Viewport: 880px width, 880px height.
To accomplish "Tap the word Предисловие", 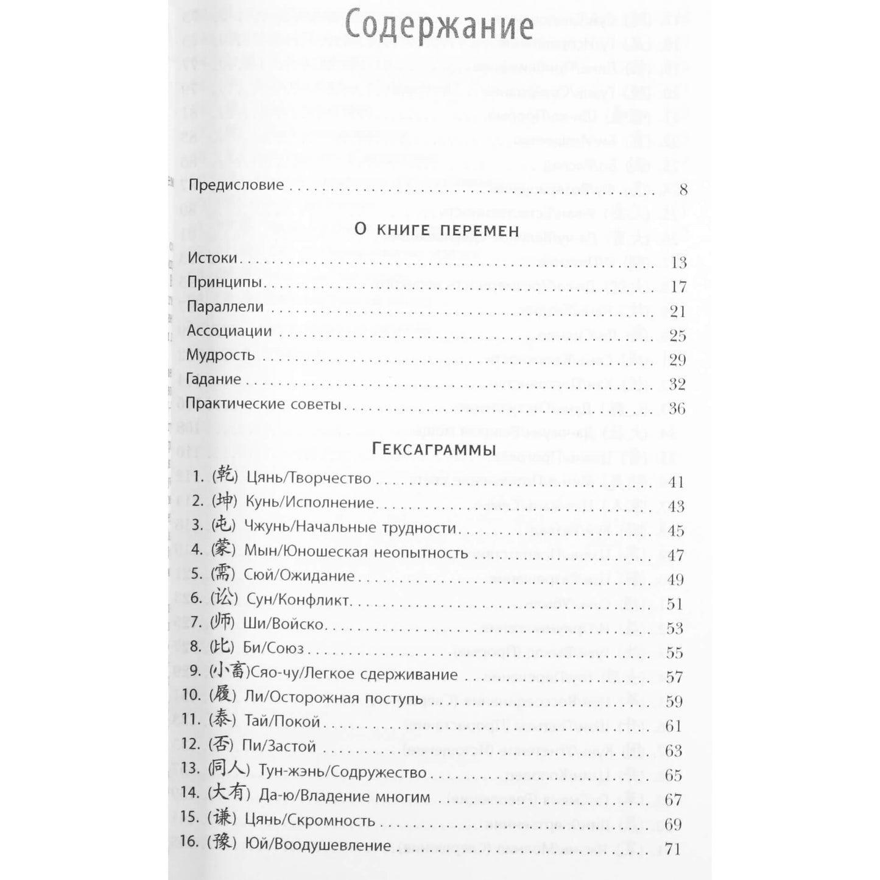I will click(x=236, y=185).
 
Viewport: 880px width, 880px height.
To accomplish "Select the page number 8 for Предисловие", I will click(x=683, y=189).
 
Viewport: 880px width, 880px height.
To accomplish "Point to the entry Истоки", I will click(x=212, y=258).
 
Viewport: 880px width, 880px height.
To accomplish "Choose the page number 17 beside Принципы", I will click(x=678, y=287).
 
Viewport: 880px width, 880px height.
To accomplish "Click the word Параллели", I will click(x=225, y=306).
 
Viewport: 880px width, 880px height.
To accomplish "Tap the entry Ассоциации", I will click(x=229, y=331).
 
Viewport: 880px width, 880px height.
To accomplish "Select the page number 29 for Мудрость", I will click(x=677, y=360).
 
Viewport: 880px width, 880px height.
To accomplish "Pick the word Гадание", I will click(x=213, y=379).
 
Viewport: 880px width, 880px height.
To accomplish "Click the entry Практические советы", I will click(x=262, y=404).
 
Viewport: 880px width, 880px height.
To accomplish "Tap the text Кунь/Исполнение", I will click(x=309, y=502).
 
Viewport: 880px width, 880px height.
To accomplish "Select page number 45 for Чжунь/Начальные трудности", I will click(x=675, y=531).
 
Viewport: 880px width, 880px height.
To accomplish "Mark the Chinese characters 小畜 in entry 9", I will click(x=229, y=672).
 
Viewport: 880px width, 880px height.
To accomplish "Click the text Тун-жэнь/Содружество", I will click(x=342, y=772).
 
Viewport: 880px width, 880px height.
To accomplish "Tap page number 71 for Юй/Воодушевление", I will click(x=672, y=848).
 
